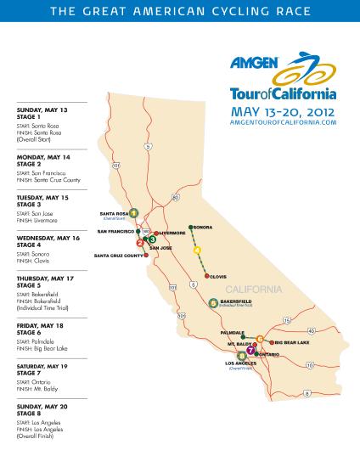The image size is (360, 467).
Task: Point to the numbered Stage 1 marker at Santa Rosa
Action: click(134, 212)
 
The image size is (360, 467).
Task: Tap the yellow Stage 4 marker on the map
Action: click(198, 250)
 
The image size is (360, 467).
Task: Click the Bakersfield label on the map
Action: click(233, 300)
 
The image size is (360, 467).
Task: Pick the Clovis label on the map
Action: click(217, 275)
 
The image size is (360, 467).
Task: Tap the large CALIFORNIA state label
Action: click(252, 289)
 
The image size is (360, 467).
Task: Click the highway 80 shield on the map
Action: click(175, 197)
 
